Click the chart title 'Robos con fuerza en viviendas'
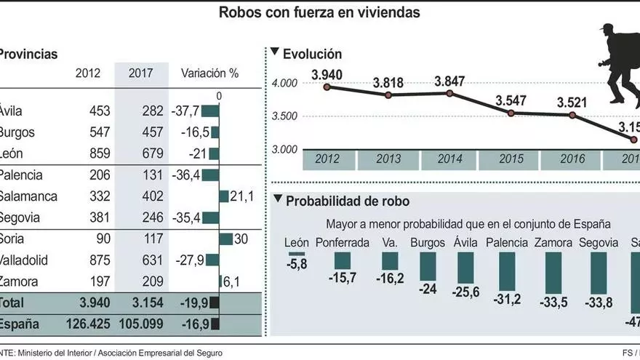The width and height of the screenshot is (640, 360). tap(319, 12)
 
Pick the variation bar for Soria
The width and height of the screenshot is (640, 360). tap(225, 239)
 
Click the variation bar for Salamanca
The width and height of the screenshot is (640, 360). tap(224, 196)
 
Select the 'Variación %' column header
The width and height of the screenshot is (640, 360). tap(209, 73)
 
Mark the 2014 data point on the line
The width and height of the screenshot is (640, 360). tap(450, 93)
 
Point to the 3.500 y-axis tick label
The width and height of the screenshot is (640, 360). tap(284, 116)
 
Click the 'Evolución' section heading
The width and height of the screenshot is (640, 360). tap(312, 54)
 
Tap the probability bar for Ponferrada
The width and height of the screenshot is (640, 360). tap(343, 260)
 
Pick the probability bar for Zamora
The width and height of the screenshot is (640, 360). tap(553, 273)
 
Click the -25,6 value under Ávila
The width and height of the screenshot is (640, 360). tap(465, 292)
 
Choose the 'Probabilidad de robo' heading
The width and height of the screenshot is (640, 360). tap(348, 201)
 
